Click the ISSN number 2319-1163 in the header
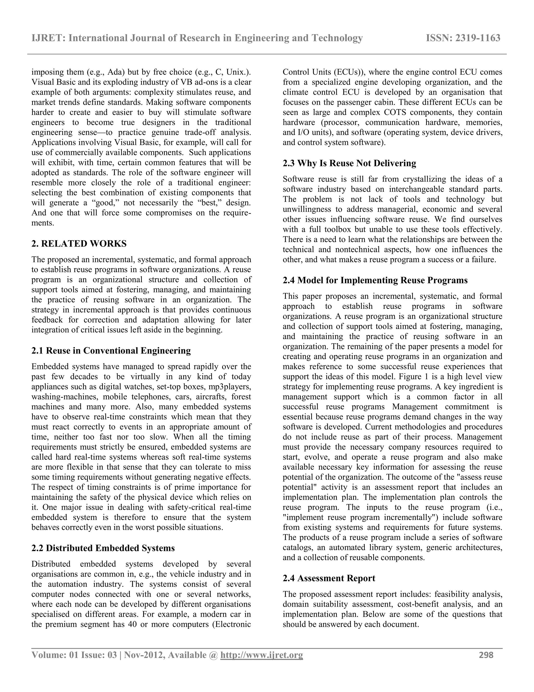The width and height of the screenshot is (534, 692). tap(478, 38)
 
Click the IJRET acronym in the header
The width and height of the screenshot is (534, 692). tap(48, 38)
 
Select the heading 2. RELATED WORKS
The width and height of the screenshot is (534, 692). tap(79, 244)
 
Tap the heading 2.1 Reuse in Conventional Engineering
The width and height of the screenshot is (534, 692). tap(111, 351)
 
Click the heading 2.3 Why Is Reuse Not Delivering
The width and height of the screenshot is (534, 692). tap(349, 163)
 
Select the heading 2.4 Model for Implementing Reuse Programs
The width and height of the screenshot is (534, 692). tap(375, 280)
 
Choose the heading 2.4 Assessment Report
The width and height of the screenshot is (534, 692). tap(329, 578)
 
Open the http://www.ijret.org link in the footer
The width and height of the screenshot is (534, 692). tap(261, 655)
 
